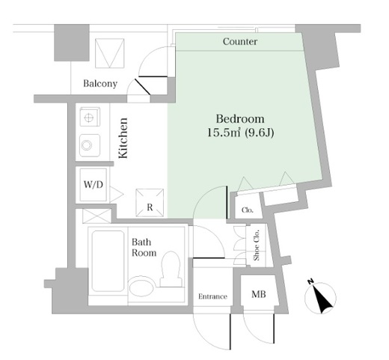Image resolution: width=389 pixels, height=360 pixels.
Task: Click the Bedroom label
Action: [x=240, y=119]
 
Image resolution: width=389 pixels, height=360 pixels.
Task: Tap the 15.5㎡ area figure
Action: [x=224, y=132]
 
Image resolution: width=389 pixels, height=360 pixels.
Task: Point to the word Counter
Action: [x=240, y=41]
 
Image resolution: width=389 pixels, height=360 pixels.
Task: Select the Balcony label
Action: [x=100, y=84]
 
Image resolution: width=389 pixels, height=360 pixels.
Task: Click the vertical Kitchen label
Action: [x=123, y=138]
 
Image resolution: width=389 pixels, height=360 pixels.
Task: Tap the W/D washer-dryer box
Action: [x=94, y=185]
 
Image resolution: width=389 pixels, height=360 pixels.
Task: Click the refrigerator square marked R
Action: [x=150, y=203]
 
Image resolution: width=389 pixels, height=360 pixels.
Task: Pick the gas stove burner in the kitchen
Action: [x=90, y=117]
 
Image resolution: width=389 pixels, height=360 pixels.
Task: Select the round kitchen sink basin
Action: [x=87, y=145]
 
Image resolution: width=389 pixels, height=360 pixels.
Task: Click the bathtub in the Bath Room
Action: [x=108, y=260]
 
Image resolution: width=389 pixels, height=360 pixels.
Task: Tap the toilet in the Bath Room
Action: [x=171, y=269]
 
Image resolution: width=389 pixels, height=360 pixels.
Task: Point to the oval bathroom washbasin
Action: [x=141, y=287]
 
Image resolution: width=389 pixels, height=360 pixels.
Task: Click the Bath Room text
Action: [x=144, y=247]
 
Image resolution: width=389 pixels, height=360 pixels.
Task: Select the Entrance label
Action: [x=212, y=296]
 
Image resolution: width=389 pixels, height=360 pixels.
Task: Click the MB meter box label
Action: [x=259, y=294]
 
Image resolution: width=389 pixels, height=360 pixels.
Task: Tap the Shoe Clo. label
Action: [x=257, y=245]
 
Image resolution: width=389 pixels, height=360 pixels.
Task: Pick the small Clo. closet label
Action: [x=248, y=210]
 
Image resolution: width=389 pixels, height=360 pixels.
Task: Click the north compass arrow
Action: [x=322, y=299]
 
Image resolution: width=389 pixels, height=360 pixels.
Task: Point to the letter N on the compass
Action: [x=310, y=281]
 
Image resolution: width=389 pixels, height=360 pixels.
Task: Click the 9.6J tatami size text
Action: [x=260, y=133]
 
